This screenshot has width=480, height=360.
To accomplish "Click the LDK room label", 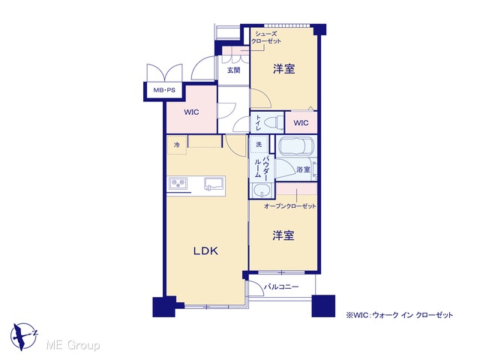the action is [x=205, y=251].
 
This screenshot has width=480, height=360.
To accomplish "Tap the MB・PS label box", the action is [x=164, y=90].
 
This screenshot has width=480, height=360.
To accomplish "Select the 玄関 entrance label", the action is [x=233, y=70].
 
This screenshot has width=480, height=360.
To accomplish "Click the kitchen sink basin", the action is [x=214, y=184].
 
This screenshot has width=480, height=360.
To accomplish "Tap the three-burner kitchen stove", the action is [x=178, y=183].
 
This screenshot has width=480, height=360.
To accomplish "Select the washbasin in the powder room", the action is [x=262, y=190].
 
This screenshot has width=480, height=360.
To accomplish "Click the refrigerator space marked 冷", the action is [x=177, y=145].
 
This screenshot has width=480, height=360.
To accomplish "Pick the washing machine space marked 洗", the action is [x=259, y=144].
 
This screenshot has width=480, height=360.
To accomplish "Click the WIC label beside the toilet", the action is [x=301, y=123].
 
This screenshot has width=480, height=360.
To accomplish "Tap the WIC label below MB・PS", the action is [x=191, y=112].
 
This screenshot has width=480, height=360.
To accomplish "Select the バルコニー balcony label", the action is [x=281, y=286].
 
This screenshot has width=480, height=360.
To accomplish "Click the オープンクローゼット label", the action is [x=290, y=206].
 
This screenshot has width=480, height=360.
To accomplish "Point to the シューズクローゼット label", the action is [x=265, y=37].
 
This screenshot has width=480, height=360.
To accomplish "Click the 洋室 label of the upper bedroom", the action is [x=283, y=69].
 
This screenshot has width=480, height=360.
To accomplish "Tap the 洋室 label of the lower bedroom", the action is [x=283, y=235].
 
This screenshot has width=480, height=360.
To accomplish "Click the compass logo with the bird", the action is [x=23, y=336].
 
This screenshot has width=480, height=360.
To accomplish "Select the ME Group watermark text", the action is [x=73, y=345].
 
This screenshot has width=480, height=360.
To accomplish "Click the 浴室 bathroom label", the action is [x=303, y=169].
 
